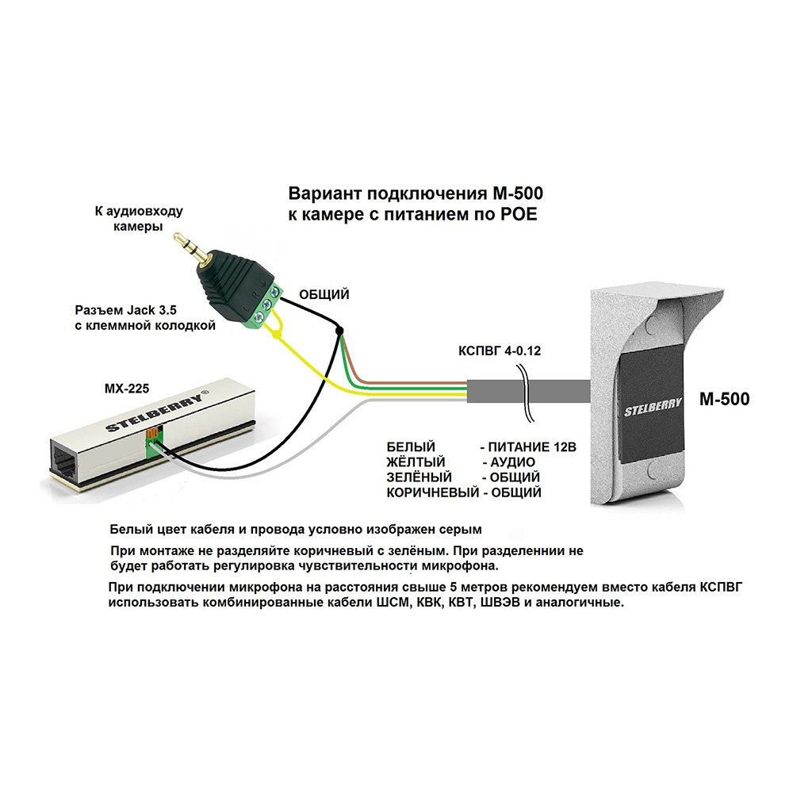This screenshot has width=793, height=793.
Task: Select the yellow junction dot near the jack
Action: (x=276, y=337)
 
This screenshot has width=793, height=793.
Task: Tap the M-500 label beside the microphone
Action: (x=724, y=400)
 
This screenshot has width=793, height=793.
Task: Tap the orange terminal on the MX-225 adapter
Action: (x=151, y=434)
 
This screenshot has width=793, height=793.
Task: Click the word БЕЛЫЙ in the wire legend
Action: (x=411, y=447)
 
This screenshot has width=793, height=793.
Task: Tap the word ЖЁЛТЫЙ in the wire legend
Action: (x=416, y=462)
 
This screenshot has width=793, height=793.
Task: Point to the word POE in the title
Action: (x=519, y=214)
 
